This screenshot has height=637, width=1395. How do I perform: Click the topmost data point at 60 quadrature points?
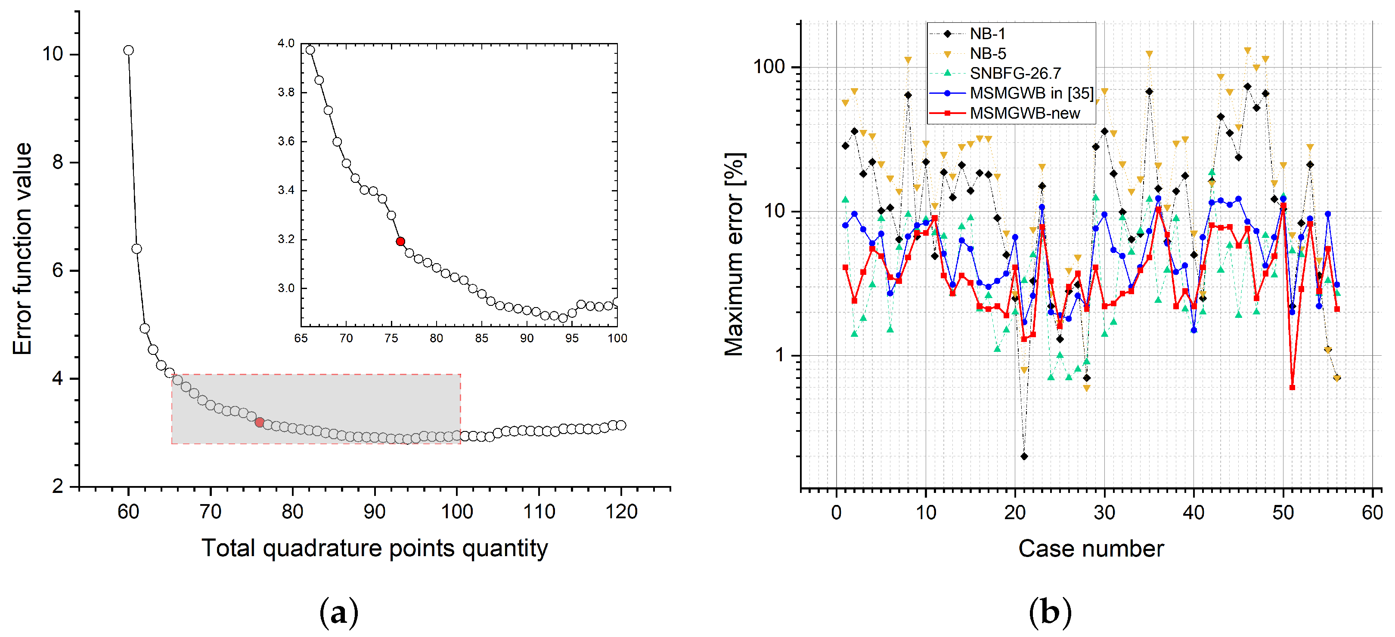(x=128, y=50)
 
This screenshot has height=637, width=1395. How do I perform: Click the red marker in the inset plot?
(x=400, y=241)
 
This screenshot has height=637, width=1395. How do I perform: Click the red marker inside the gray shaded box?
(x=259, y=422)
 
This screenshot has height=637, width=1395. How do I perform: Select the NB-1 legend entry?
(x=987, y=34)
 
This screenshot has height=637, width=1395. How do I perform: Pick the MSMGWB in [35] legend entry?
(x=1031, y=93)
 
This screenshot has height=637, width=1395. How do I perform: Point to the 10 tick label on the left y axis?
(x=53, y=54)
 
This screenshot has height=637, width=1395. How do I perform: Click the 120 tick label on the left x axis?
(x=620, y=511)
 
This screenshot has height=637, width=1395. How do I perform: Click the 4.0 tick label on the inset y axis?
(x=285, y=43)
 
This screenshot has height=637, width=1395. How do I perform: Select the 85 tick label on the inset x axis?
(x=481, y=338)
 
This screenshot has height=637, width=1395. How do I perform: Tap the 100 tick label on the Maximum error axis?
(x=769, y=67)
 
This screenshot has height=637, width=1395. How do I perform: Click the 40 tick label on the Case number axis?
(x=1193, y=512)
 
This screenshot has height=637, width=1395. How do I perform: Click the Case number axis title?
(x=1090, y=548)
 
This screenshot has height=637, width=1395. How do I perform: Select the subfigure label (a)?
(x=338, y=612)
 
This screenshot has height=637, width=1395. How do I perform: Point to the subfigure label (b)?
(x=1050, y=612)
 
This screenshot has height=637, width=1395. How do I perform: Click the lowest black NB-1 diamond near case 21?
(x=1023, y=456)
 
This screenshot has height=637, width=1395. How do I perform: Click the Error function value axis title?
(x=23, y=249)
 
